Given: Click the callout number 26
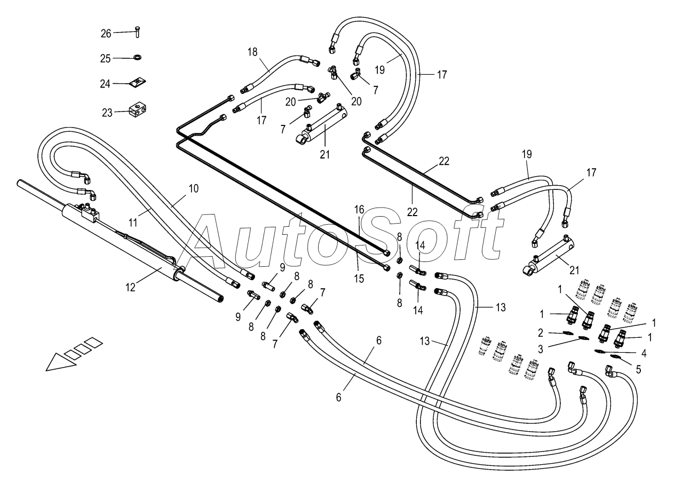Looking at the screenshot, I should [106, 33].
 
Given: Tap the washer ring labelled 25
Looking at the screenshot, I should [137, 57].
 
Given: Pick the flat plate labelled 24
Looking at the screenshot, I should [138, 82].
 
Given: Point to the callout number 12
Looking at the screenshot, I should [131, 287].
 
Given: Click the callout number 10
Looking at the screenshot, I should [193, 188].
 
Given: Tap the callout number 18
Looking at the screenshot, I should [252, 52].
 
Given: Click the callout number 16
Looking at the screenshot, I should [359, 210].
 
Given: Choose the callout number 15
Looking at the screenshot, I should [359, 279].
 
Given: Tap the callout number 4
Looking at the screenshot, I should [644, 353].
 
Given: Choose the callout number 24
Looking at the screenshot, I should [106, 83].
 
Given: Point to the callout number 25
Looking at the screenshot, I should [106, 58].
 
